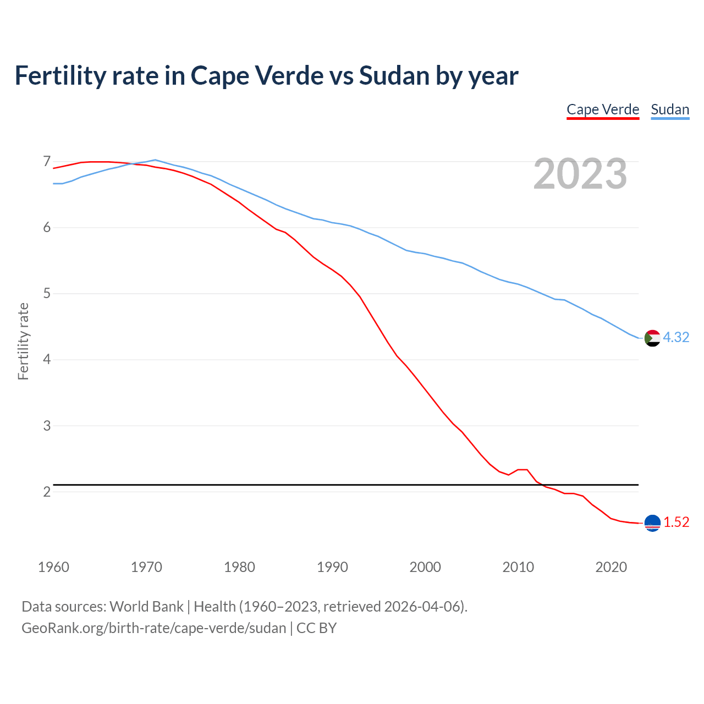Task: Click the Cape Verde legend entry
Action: [603, 109]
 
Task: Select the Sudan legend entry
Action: [670, 109]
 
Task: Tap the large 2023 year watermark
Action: [580, 174]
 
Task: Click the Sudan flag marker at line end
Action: [652, 338]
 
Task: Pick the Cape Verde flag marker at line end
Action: [652, 523]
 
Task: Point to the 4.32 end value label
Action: [676, 337]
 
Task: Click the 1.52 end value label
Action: [676, 522]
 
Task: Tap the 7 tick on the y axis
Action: [47, 162]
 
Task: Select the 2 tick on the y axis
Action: [47, 492]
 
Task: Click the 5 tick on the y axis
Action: [47, 294]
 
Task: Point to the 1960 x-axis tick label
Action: [53, 567]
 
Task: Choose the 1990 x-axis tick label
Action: [332, 567]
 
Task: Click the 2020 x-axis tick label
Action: [611, 567]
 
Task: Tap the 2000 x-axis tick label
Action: [425, 567]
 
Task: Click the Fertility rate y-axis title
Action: [23, 341]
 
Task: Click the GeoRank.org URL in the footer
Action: [154, 628]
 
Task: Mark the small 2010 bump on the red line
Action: [522, 470]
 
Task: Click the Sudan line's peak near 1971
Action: [155, 160]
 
